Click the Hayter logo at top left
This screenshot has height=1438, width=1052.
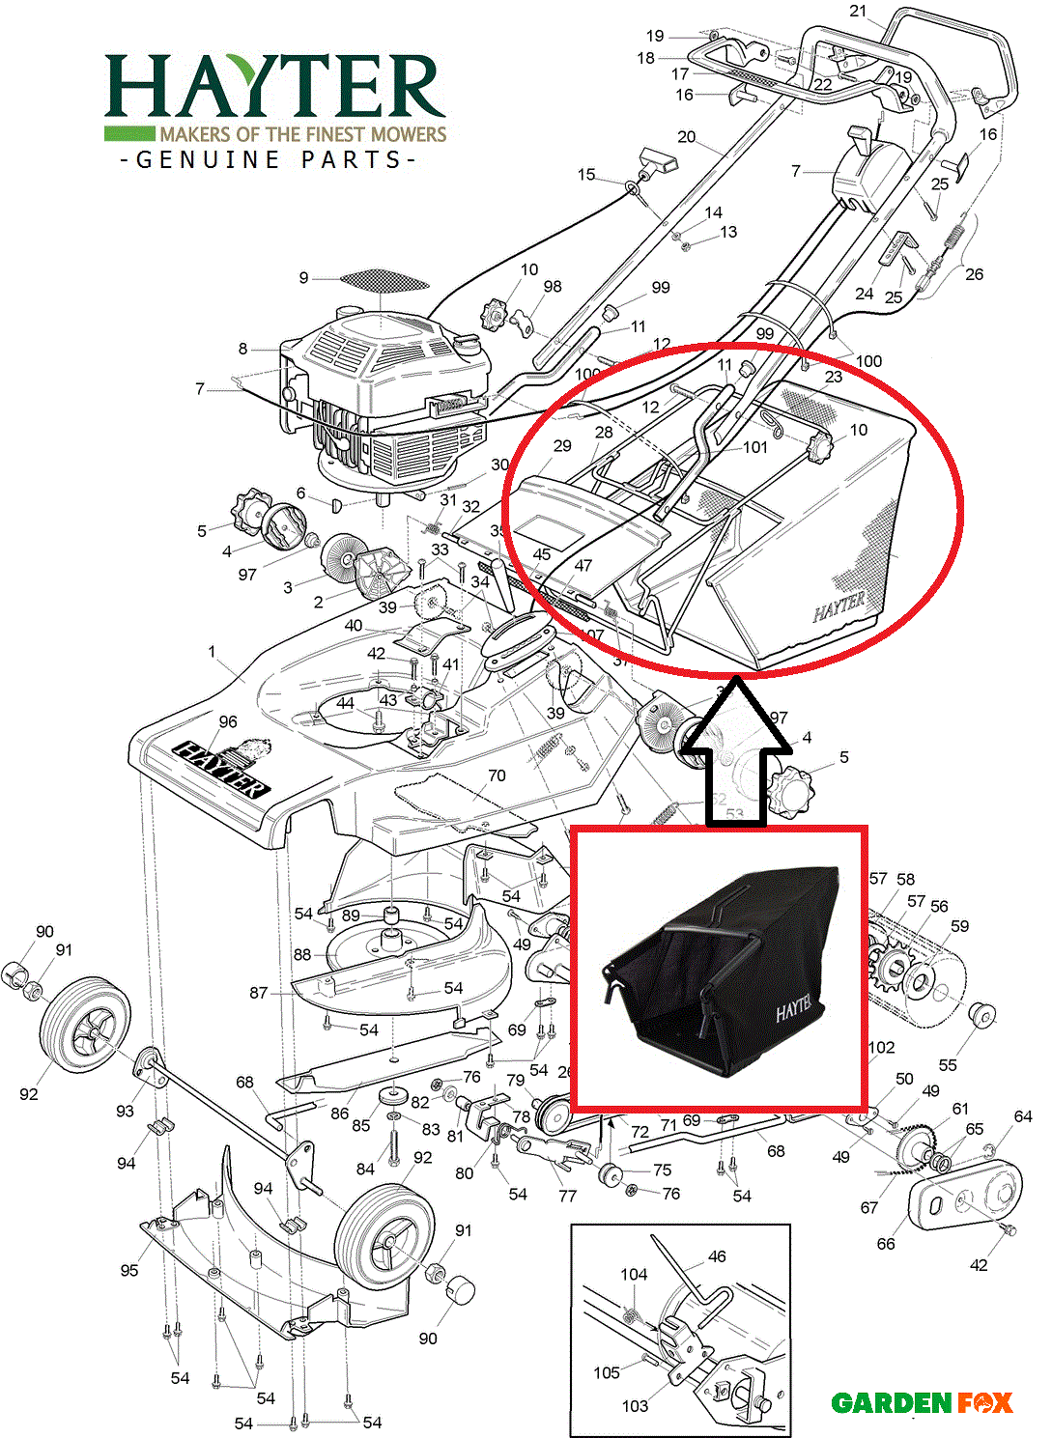pos(274,97)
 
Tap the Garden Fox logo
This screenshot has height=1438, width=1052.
pos(922,1402)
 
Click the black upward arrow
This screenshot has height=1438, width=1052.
pos(736,753)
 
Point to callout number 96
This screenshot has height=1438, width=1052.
pos(228,721)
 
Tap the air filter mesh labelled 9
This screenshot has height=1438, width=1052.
pos(384,280)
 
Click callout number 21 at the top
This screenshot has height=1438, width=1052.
pos(858,12)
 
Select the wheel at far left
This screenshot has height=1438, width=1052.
pos(85,1024)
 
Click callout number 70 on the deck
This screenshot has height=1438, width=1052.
pos(497,775)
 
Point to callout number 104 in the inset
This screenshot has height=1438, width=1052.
pos(634,1275)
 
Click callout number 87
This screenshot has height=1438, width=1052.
pos(258,993)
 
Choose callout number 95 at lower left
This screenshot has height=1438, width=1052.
pos(129,1270)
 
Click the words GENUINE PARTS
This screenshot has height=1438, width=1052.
pos(270,160)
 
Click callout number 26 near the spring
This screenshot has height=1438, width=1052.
pos(974,274)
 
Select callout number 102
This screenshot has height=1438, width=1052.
pos(882,1048)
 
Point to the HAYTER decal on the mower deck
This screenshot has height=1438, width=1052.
pos(221,768)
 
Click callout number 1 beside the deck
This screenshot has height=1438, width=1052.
pos(213,652)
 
